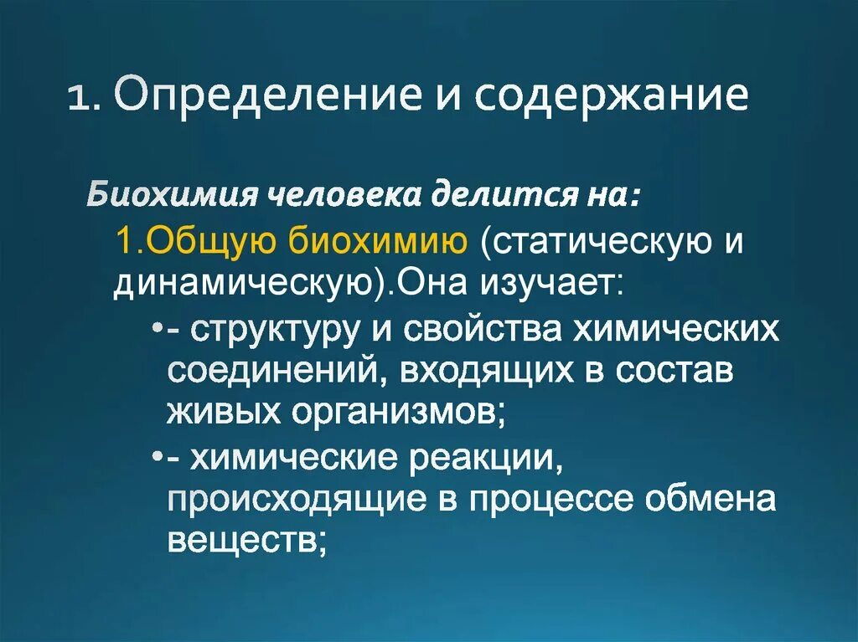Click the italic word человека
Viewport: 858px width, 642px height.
click(333, 196)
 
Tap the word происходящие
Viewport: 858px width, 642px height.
click(298, 501)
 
